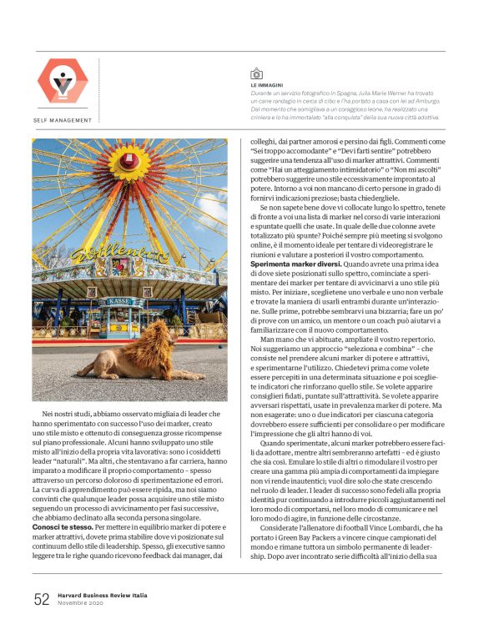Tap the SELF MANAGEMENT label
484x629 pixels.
click(63, 120)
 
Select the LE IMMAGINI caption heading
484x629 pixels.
click(266, 85)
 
